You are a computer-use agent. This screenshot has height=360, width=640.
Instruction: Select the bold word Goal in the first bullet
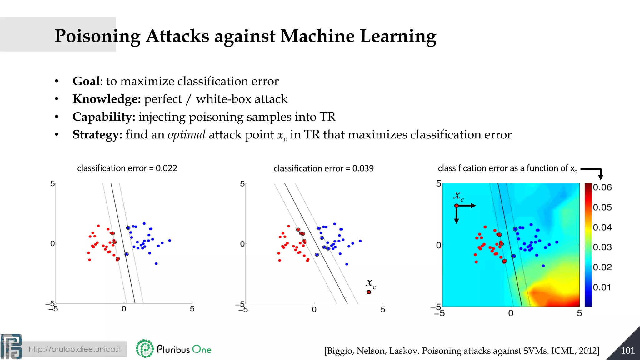86,81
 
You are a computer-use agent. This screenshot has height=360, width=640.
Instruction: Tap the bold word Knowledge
107,99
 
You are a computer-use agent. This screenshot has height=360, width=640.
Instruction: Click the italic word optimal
186,135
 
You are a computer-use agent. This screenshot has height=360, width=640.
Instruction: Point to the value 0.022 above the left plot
166,168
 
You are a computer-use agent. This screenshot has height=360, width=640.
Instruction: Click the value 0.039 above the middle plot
363,168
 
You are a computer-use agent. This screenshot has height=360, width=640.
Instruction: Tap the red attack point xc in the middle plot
369,292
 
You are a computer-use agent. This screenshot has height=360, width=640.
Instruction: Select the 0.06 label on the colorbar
602,187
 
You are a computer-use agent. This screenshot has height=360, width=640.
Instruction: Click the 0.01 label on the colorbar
602,287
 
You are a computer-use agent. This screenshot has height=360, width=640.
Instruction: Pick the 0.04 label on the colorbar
602,227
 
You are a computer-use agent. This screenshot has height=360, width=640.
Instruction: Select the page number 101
627,351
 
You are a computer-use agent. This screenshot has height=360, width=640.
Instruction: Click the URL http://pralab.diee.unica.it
75,349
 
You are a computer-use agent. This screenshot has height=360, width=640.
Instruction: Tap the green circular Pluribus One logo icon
145,348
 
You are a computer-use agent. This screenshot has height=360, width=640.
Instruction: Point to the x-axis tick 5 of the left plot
192,309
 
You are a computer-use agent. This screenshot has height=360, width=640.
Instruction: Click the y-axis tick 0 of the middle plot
242,244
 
